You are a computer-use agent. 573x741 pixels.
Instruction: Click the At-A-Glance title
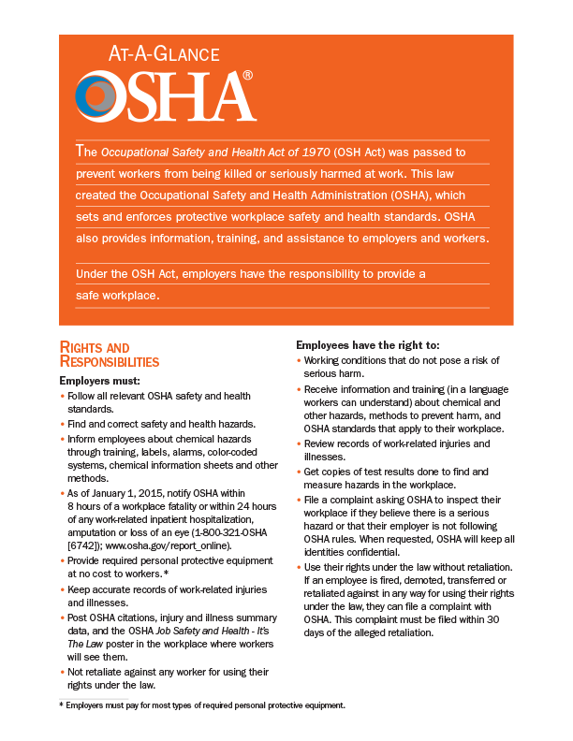point(147,54)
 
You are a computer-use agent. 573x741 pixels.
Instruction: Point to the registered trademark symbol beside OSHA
point(247,75)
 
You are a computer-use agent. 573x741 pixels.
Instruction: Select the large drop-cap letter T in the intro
point(80,151)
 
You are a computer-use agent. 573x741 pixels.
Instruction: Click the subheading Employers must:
point(100,382)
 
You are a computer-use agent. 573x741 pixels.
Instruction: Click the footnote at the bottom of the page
point(201,705)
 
